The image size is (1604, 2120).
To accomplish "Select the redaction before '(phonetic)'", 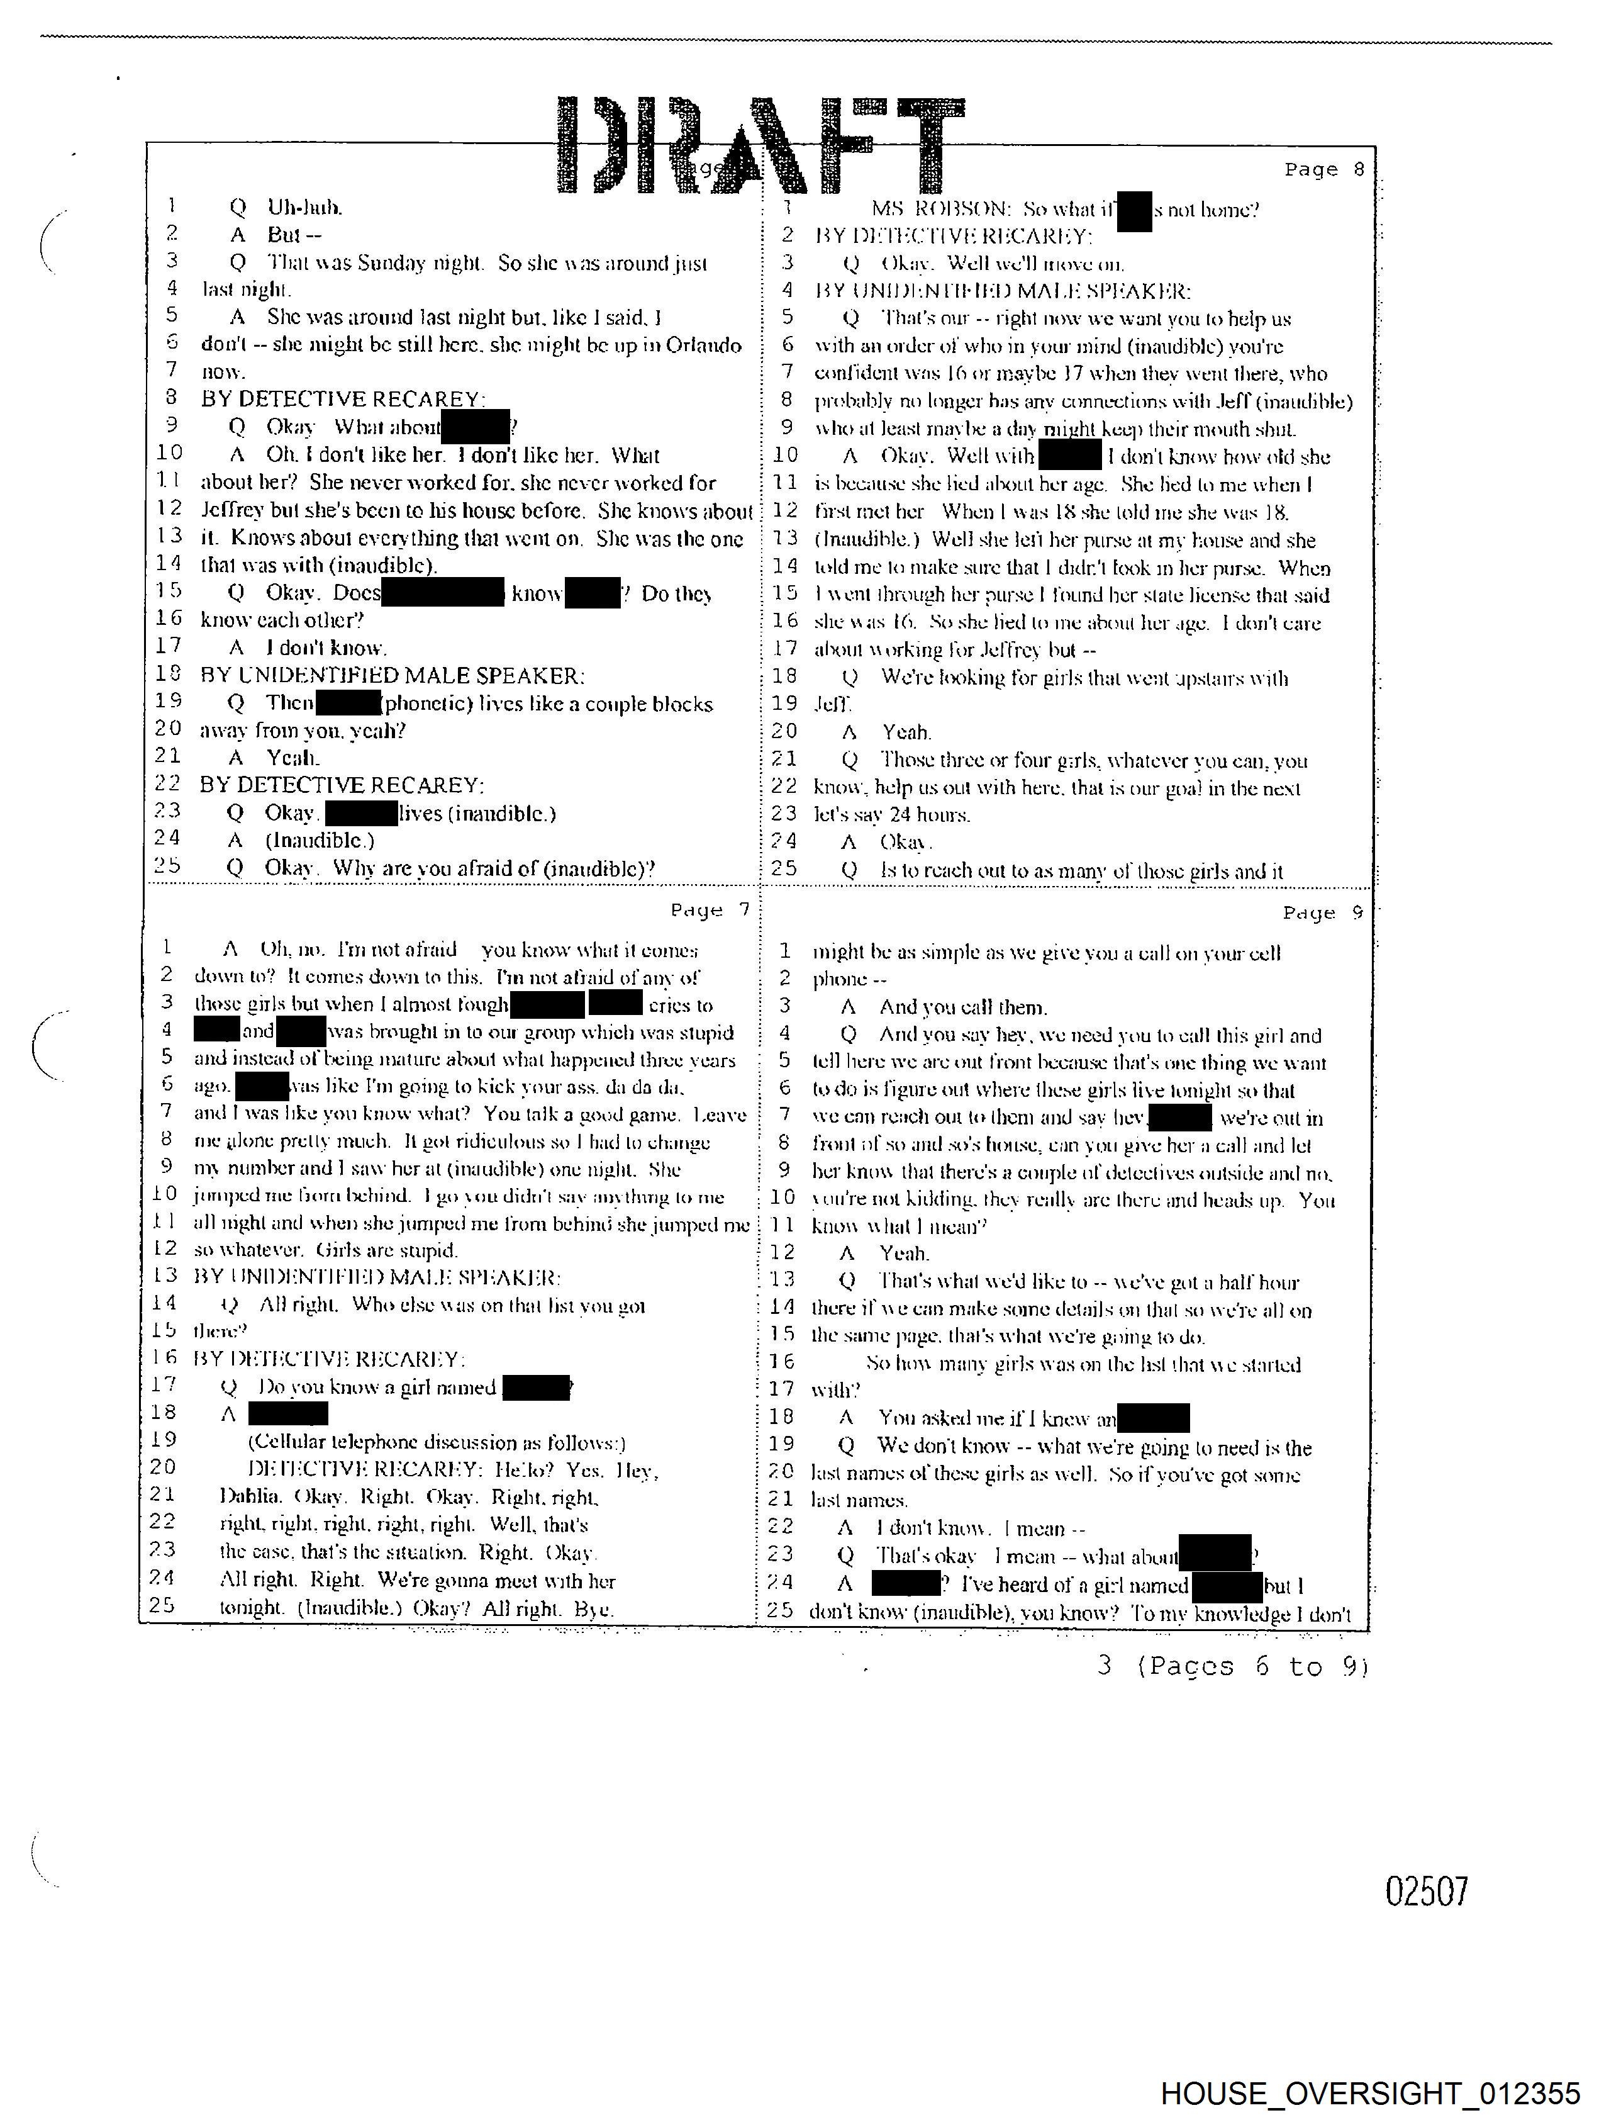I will click(348, 704).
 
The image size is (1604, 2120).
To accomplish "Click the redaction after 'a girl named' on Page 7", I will click(536, 1387).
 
